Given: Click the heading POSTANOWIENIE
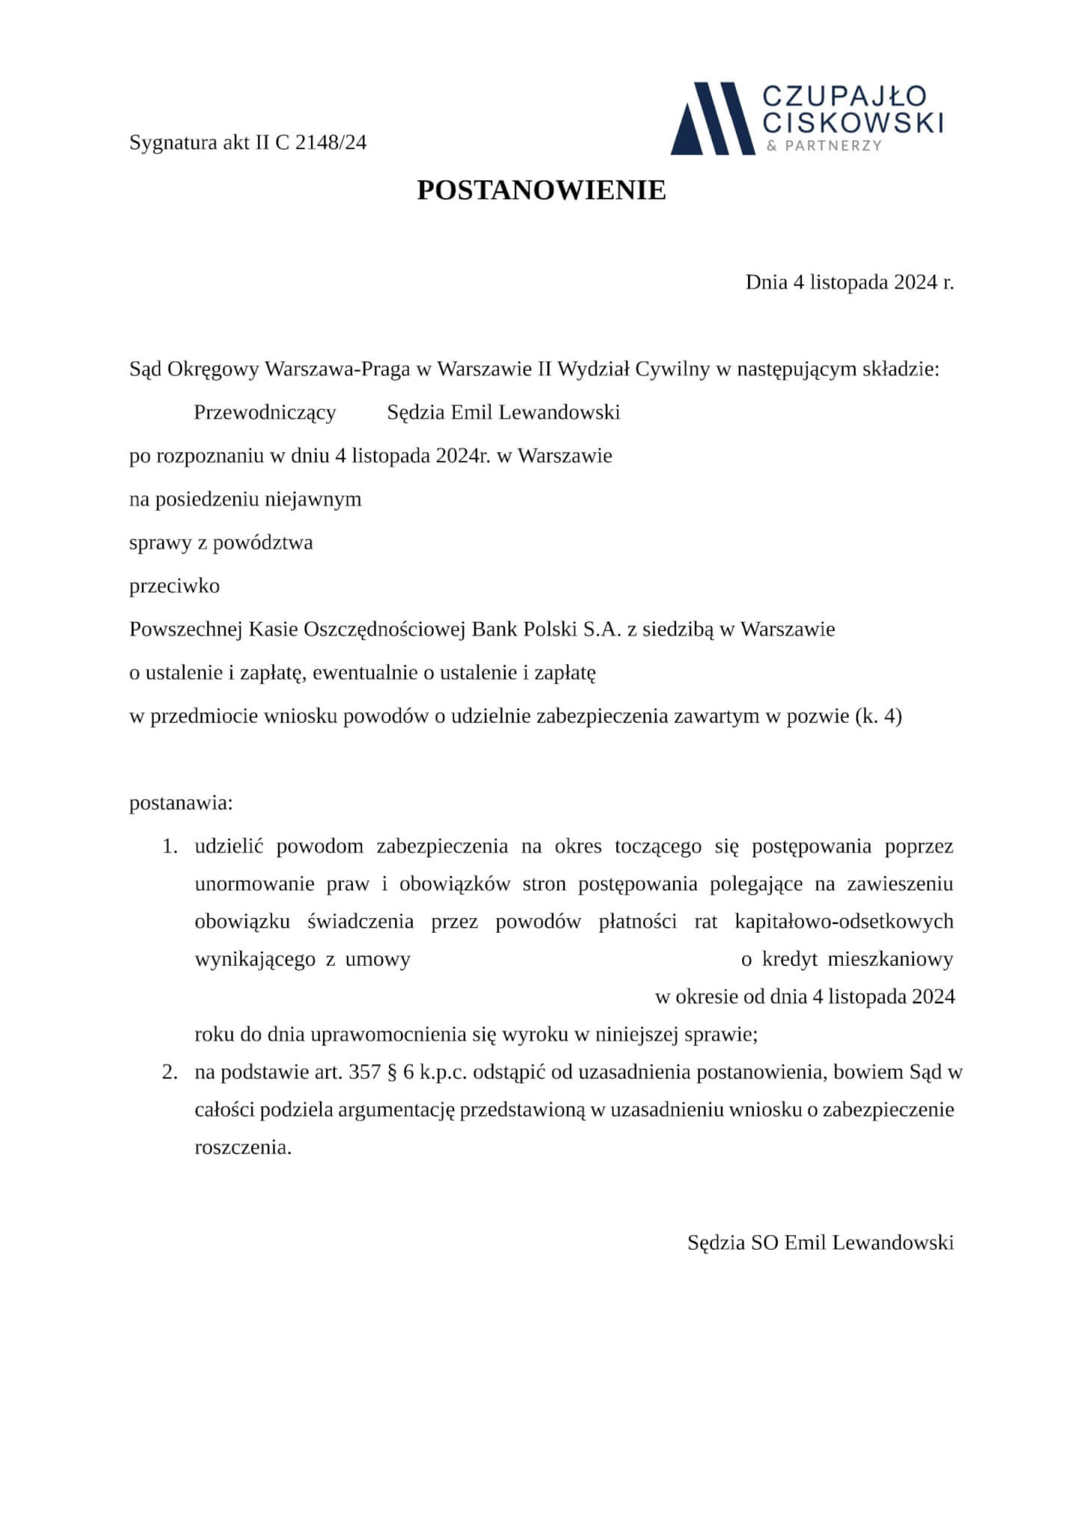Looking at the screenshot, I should (x=541, y=191).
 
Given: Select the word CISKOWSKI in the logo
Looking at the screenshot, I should (x=852, y=122).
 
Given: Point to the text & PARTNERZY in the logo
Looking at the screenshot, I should (x=824, y=146).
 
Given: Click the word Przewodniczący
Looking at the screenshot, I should (x=265, y=412).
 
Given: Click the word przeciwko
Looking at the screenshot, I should (x=174, y=585).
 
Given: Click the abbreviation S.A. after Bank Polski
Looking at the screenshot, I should (x=601, y=629).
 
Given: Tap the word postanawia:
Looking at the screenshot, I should (x=181, y=804).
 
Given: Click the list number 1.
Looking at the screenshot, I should (x=170, y=846).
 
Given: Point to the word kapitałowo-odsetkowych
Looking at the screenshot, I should (x=844, y=921).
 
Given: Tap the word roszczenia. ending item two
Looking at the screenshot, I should (x=242, y=1147).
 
